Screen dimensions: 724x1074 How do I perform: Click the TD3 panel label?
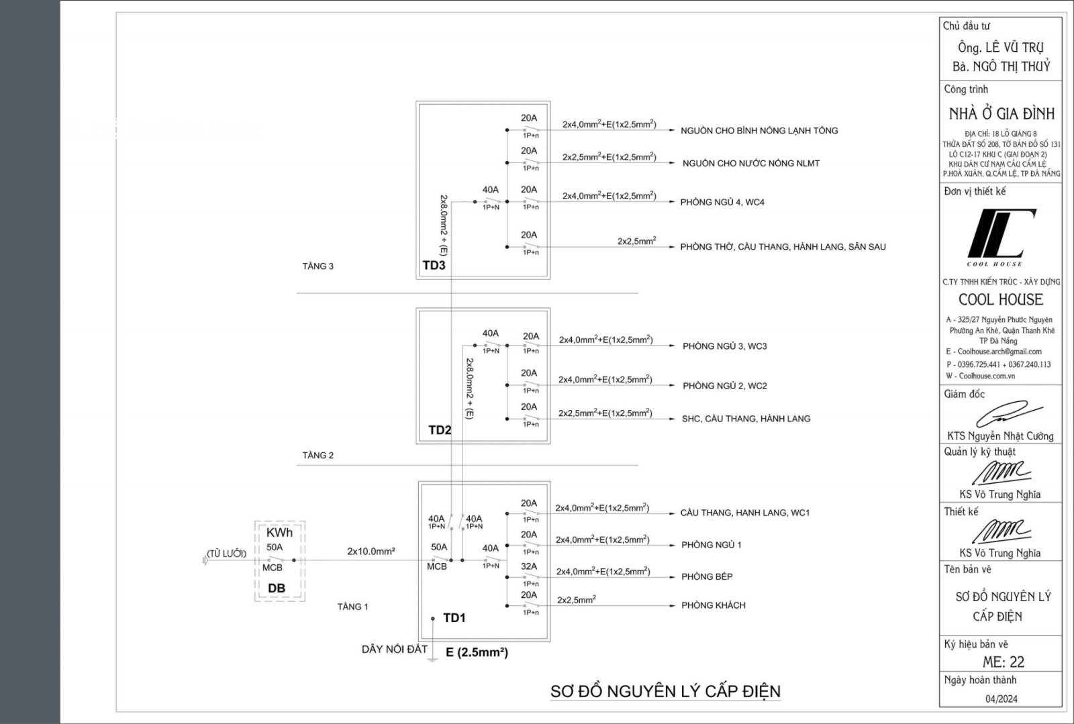tap(434, 265)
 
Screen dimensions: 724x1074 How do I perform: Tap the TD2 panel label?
tap(440, 430)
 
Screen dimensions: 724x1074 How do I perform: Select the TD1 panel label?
tap(454, 618)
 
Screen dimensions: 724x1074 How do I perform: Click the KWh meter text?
tap(279, 533)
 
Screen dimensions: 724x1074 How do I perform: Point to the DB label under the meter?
tap(277, 588)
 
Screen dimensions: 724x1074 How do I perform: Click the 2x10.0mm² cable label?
tap(371, 552)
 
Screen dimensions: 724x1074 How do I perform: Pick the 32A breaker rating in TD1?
tap(529, 566)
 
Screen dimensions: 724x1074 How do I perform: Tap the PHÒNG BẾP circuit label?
tap(707, 576)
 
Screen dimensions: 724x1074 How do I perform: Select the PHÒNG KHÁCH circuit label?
tap(713, 605)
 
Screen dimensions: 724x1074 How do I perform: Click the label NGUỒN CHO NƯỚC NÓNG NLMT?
tap(750, 163)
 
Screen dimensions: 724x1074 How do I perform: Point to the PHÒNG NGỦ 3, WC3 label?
tap(724, 346)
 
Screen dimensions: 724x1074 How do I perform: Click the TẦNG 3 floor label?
tap(318, 266)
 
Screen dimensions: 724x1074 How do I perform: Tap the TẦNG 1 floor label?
tap(352, 607)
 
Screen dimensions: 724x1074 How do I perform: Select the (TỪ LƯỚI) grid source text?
tap(226, 554)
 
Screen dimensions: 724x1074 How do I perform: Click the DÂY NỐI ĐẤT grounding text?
tap(394, 649)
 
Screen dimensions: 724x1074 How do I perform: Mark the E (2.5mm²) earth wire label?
tap(477, 652)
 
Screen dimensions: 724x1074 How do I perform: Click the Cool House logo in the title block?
tap(1000, 236)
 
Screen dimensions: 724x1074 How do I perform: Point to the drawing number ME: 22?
tap(1003, 662)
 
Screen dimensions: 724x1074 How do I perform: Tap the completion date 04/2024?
tap(1001, 699)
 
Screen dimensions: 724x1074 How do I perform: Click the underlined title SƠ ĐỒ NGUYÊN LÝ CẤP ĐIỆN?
tap(665, 691)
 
